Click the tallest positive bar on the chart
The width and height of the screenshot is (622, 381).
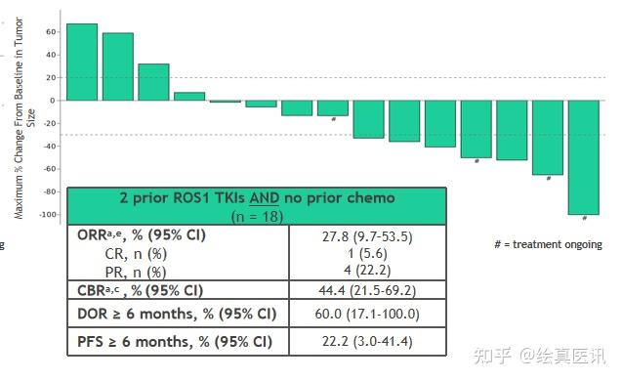(x=81, y=62)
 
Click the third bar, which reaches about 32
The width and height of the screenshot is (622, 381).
(x=153, y=82)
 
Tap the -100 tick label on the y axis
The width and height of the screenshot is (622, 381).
(x=48, y=214)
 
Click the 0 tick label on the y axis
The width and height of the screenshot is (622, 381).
(x=54, y=100)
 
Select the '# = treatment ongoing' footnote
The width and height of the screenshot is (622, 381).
(x=548, y=244)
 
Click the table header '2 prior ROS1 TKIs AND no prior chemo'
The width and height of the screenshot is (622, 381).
(x=257, y=197)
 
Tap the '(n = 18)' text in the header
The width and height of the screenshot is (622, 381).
(x=257, y=214)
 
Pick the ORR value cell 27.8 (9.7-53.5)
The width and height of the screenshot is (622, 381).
(x=367, y=236)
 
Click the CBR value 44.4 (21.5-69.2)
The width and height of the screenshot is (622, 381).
(x=367, y=289)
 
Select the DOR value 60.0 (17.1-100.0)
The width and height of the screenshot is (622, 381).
(x=367, y=315)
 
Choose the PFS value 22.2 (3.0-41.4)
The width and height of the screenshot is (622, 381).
(x=367, y=342)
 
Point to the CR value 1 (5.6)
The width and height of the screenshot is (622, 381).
(x=367, y=254)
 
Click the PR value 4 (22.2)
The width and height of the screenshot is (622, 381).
(x=367, y=271)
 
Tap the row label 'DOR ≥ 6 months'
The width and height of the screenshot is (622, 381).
(x=176, y=315)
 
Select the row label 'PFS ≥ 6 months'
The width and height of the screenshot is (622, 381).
(x=175, y=342)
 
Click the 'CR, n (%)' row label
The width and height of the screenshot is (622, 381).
(x=135, y=254)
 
